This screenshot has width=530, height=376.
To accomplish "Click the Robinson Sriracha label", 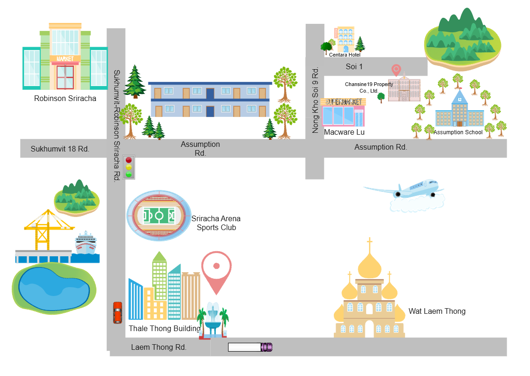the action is [x=65, y=99].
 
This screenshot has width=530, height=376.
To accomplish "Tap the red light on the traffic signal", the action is [x=129, y=160].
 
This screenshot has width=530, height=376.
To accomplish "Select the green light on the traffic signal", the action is [x=129, y=174].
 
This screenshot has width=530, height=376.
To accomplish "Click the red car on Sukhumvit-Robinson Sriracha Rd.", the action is [x=118, y=312].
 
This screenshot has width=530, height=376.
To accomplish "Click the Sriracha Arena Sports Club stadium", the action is [x=159, y=215].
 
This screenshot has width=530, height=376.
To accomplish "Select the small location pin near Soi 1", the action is [x=396, y=70].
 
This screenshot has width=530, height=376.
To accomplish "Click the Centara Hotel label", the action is [x=345, y=55].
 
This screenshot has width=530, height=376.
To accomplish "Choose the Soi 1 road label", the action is [x=354, y=67].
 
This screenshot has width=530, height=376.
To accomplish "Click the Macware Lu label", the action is [x=344, y=132].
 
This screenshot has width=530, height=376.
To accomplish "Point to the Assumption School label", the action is [x=458, y=132].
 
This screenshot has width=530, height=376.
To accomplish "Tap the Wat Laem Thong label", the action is [x=437, y=311].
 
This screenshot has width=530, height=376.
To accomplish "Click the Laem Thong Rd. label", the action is [x=159, y=347].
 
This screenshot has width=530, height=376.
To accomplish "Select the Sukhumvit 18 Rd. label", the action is [x=60, y=149].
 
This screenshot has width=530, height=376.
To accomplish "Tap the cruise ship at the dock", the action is [x=86, y=243].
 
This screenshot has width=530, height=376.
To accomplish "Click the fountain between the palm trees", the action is [x=213, y=319].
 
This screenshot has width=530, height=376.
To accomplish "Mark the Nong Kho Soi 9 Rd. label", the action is [x=316, y=100].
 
